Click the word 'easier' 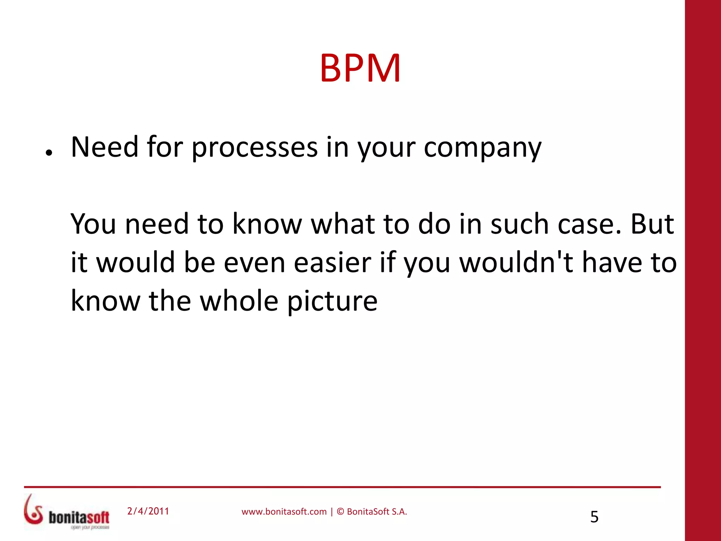click(x=332, y=262)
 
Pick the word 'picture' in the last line click(x=332, y=301)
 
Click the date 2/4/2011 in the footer click(x=148, y=511)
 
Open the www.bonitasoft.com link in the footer click(x=284, y=512)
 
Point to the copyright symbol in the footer click(x=340, y=512)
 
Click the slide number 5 click(x=594, y=517)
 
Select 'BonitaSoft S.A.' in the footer click(x=377, y=512)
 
